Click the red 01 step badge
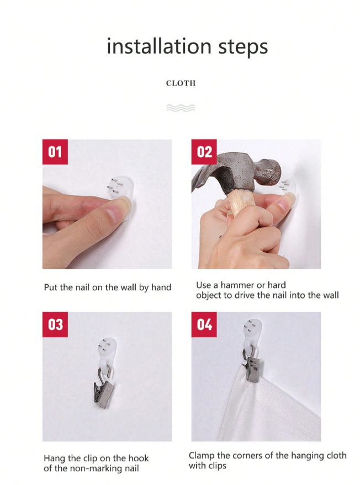click(55, 152)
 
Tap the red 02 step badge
click(204, 152)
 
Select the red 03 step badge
click(55, 324)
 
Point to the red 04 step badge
click(204, 324)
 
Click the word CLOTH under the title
click(181, 83)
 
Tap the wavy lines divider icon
click(181, 108)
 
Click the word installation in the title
click(159, 46)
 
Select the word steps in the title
click(243, 47)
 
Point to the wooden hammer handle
click(241, 202)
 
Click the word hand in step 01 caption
click(161, 287)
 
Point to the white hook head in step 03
click(107, 347)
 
